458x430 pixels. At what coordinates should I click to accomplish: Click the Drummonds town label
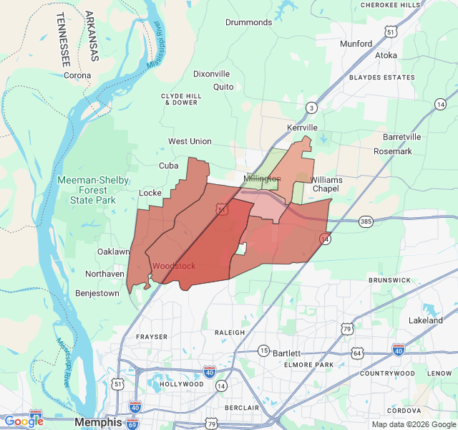click(248, 22)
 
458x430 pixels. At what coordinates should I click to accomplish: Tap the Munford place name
click(356, 44)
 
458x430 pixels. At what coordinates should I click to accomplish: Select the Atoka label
click(386, 55)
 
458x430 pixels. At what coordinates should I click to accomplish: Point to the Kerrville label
click(301, 127)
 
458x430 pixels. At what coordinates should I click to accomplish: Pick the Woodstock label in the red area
click(173, 266)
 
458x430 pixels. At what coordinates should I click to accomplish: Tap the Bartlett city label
click(286, 353)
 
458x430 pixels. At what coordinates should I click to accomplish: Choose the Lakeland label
click(425, 320)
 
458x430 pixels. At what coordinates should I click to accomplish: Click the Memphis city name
click(98, 422)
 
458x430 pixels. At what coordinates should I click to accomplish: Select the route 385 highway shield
click(366, 221)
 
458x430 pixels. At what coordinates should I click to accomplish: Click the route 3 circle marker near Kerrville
click(311, 108)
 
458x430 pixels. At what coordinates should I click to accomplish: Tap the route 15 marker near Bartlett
click(263, 350)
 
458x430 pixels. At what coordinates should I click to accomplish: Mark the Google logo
click(24, 421)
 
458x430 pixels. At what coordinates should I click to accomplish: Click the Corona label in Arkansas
click(77, 75)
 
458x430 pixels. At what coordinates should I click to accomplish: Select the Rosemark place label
click(393, 151)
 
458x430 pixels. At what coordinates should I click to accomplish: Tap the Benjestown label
click(97, 293)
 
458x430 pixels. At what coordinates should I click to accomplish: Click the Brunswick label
click(389, 280)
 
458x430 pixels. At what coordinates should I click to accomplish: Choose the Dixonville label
click(211, 74)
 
